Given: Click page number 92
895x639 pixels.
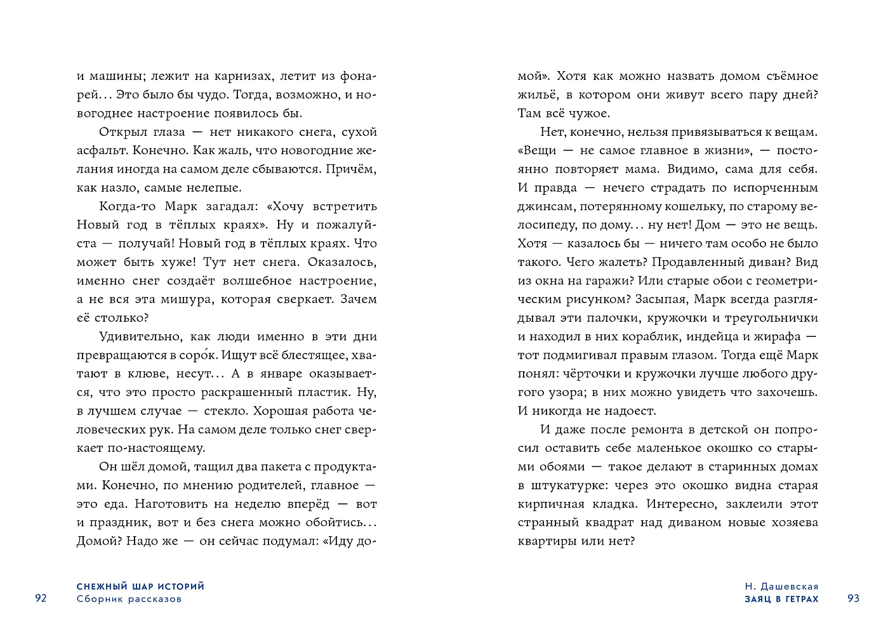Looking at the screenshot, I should click(x=41, y=598).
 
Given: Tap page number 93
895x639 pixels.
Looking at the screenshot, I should click(x=853, y=598).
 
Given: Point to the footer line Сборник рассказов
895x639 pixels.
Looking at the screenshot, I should click(x=129, y=599).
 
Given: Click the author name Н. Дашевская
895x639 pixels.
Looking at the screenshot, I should click(x=781, y=586).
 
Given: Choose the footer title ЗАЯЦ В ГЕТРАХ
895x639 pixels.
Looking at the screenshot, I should click(x=781, y=599).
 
